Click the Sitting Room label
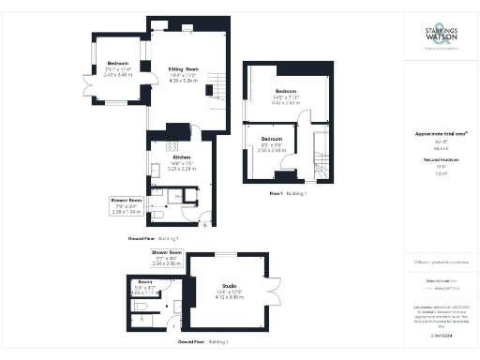click(x=184, y=68)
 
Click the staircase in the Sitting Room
click(x=217, y=85)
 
